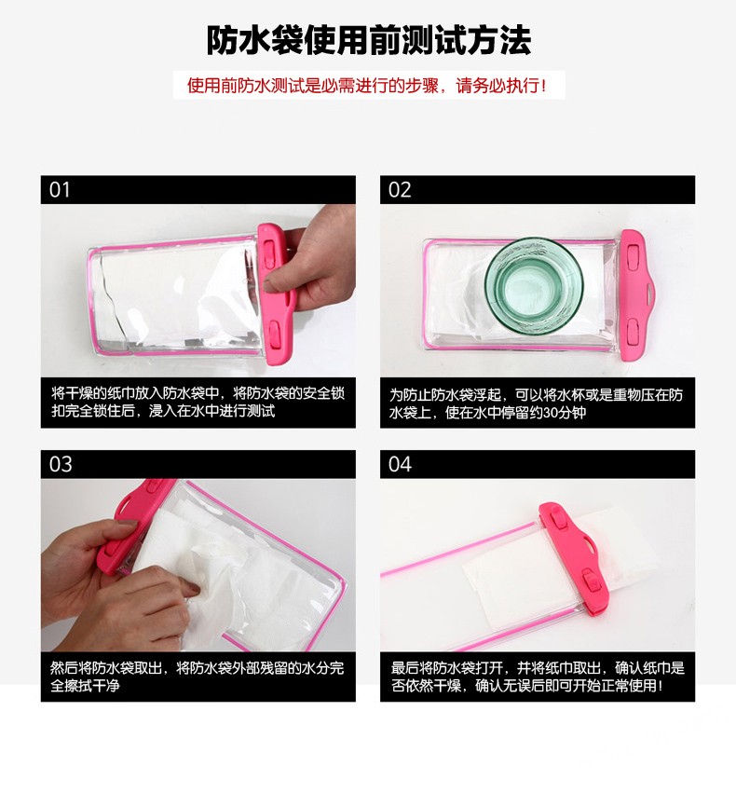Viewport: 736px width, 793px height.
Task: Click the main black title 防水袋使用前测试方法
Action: [x=369, y=40]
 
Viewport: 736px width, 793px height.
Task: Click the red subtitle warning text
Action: [x=367, y=86]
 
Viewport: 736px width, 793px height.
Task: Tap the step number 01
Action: [x=60, y=190]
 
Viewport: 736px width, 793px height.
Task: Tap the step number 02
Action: [x=400, y=190]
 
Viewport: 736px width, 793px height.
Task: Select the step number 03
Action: [x=61, y=464]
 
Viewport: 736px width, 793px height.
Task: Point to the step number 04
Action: [x=400, y=464]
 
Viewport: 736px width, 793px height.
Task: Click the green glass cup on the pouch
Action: [x=534, y=286]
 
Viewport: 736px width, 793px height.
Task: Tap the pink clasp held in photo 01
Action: [x=276, y=294]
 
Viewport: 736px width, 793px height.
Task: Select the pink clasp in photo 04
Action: [x=575, y=558]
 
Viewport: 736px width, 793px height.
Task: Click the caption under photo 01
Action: [x=198, y=402]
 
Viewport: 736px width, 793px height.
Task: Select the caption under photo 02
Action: [x=536, y=403]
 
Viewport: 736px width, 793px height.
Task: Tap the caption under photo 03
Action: [x=198, y=677]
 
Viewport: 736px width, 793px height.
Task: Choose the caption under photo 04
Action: [x=538, y=677]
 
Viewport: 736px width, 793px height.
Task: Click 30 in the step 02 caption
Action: [x=551, y=413]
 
